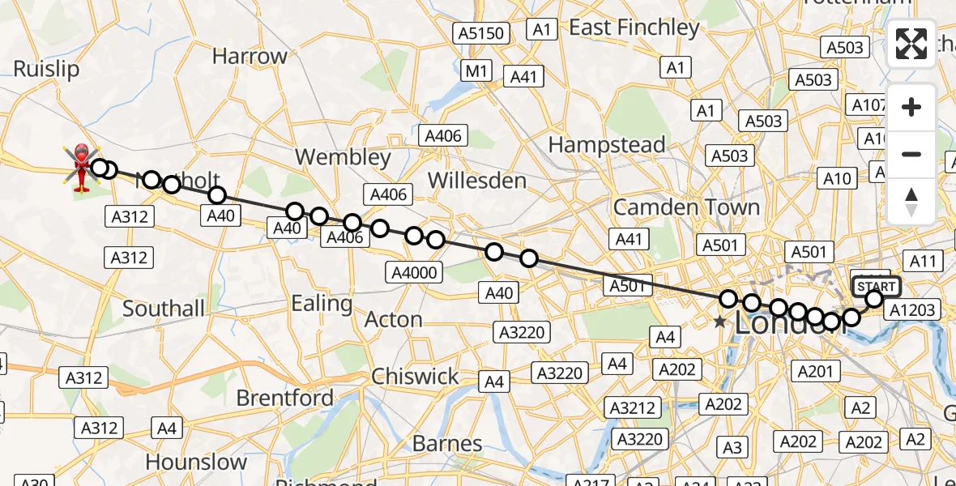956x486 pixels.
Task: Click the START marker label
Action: tap(876, 287)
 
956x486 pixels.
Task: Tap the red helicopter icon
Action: tap(82, 168)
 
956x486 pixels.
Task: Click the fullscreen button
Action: tap(911, 44)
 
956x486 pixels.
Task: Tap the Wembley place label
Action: tap(343, 157)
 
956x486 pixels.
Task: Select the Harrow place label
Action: tap(250, 57)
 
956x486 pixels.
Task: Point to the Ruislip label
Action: tap(46, 70)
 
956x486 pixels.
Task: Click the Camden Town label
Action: tap(686, 207)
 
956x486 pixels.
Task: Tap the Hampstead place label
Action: tap(607, 146)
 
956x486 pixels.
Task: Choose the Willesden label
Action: tap(478, 180)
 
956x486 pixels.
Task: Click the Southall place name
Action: tap(164, 309)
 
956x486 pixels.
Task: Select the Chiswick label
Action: tap(415, 377)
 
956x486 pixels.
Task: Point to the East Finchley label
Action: tap(634, 28)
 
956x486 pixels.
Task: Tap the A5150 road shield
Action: tap(481, 34)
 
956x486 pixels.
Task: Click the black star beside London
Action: tap(719, 322)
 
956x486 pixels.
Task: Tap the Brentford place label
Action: tap(284, 399)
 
